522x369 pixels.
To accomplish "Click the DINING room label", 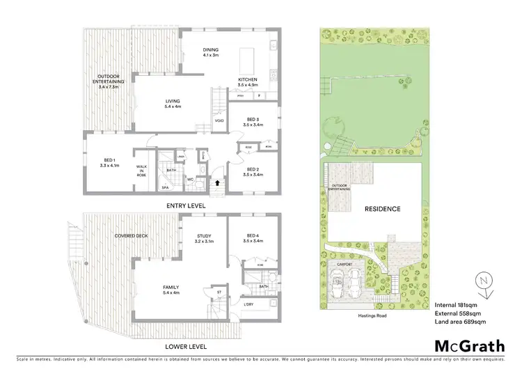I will tap(210, 50).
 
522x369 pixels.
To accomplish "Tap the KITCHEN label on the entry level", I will tap(248, 79).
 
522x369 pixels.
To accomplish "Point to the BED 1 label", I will tap(111, 163).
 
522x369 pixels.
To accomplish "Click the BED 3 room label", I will tap(251, 120).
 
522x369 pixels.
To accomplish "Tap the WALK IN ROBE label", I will tap(141, 170).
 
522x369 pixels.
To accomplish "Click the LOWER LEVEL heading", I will tap(185, 345).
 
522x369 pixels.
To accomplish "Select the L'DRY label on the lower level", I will tap(249, 304).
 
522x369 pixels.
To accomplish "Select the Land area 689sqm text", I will tap(460, 322).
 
